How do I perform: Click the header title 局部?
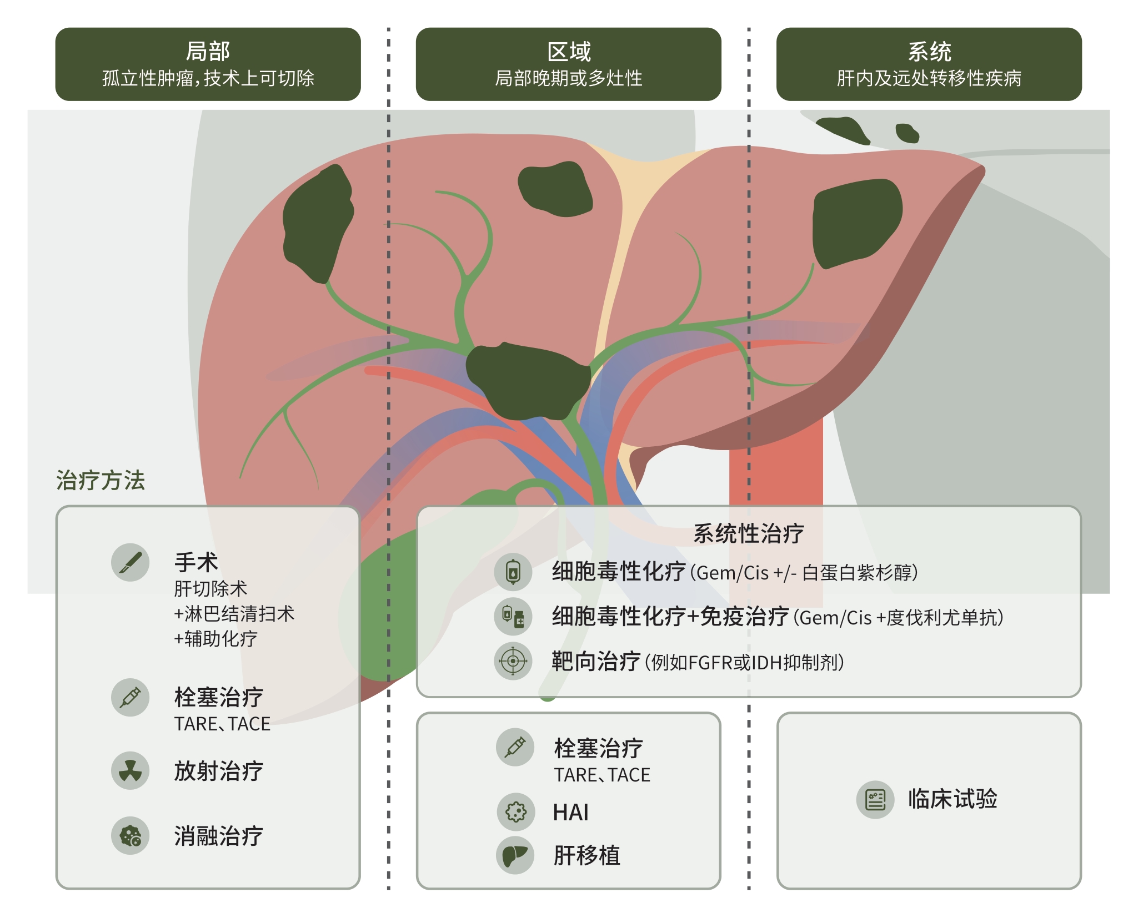(208, 52)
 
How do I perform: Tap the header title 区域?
(569, 52)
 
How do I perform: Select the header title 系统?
(929, 52)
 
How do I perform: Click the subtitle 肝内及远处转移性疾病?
(929, 78)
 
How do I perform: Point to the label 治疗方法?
(101, 480)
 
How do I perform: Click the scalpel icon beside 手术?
(130, 562)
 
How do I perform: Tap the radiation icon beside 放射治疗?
(130, 770)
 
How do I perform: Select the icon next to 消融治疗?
(130, 835)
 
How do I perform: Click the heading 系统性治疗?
(748, 533)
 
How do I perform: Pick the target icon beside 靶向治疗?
(513, 661)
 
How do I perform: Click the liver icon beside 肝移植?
(515, 855)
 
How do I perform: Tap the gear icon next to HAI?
(515, 811)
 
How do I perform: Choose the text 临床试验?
(952, 799)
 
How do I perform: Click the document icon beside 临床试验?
(875, 800)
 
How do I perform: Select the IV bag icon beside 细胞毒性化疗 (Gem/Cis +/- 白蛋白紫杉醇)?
(513, 572)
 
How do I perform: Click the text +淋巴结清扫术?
(234, 614)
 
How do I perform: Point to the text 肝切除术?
(210, 588)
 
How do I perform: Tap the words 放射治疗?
(218, 771)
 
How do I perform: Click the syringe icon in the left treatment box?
(130, 697)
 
